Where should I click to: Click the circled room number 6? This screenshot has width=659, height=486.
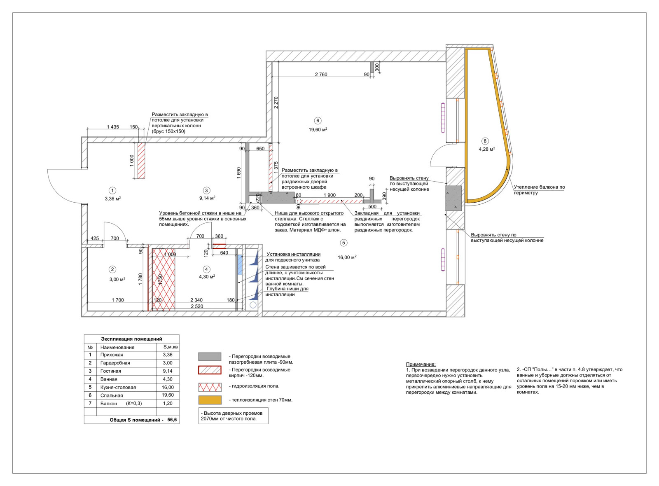point(318,121)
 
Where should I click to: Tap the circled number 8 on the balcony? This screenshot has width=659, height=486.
point(485,141)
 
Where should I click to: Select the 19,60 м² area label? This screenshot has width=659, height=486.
point(318,130)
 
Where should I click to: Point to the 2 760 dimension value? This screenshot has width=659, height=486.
point(321,75)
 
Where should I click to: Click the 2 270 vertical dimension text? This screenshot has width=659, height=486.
point(276,103)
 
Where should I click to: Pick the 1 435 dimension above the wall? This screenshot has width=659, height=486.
point(113,127)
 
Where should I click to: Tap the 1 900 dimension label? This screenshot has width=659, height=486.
point(329,195)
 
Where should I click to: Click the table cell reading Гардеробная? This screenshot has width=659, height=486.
point(115,363)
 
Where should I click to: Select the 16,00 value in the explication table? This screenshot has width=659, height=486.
point(168,387)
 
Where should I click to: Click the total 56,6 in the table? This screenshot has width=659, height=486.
point(172,420)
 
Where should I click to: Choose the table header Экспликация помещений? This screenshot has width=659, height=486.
point(131,339)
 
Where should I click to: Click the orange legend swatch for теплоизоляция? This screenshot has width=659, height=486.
point(210,400)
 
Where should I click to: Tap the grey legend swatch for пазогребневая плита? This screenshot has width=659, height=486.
point(210,357)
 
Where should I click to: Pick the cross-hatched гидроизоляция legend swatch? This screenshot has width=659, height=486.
point(210,387)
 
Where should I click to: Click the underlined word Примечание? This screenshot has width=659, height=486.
point(421,364)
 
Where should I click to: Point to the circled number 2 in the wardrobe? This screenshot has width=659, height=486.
point(112,269)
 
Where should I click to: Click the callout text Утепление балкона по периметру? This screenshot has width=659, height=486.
point(539,190)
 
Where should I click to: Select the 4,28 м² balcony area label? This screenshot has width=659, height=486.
point(487,149)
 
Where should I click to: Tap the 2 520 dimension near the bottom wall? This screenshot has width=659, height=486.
point(197,306)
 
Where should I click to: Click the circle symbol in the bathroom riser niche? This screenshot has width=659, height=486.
point(253,305)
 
